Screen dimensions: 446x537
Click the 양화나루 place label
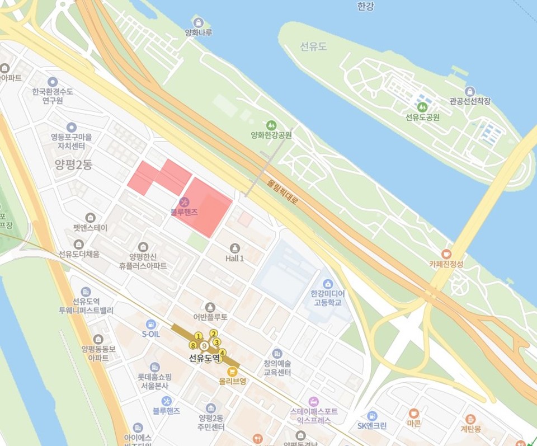199,32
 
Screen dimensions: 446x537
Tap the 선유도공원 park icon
422,106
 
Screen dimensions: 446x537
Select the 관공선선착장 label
470,101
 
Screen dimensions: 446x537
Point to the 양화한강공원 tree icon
271,124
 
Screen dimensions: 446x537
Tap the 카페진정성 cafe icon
446,253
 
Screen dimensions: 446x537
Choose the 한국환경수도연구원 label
53,96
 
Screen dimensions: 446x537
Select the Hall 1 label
234,259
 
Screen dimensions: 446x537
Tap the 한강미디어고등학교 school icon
328,283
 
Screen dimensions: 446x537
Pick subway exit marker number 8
192,345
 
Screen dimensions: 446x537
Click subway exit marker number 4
222,353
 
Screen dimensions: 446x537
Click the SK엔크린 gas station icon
372,415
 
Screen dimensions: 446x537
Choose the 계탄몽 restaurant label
470,429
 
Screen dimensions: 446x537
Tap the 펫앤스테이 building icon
90,218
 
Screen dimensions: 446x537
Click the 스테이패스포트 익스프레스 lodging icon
313,401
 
